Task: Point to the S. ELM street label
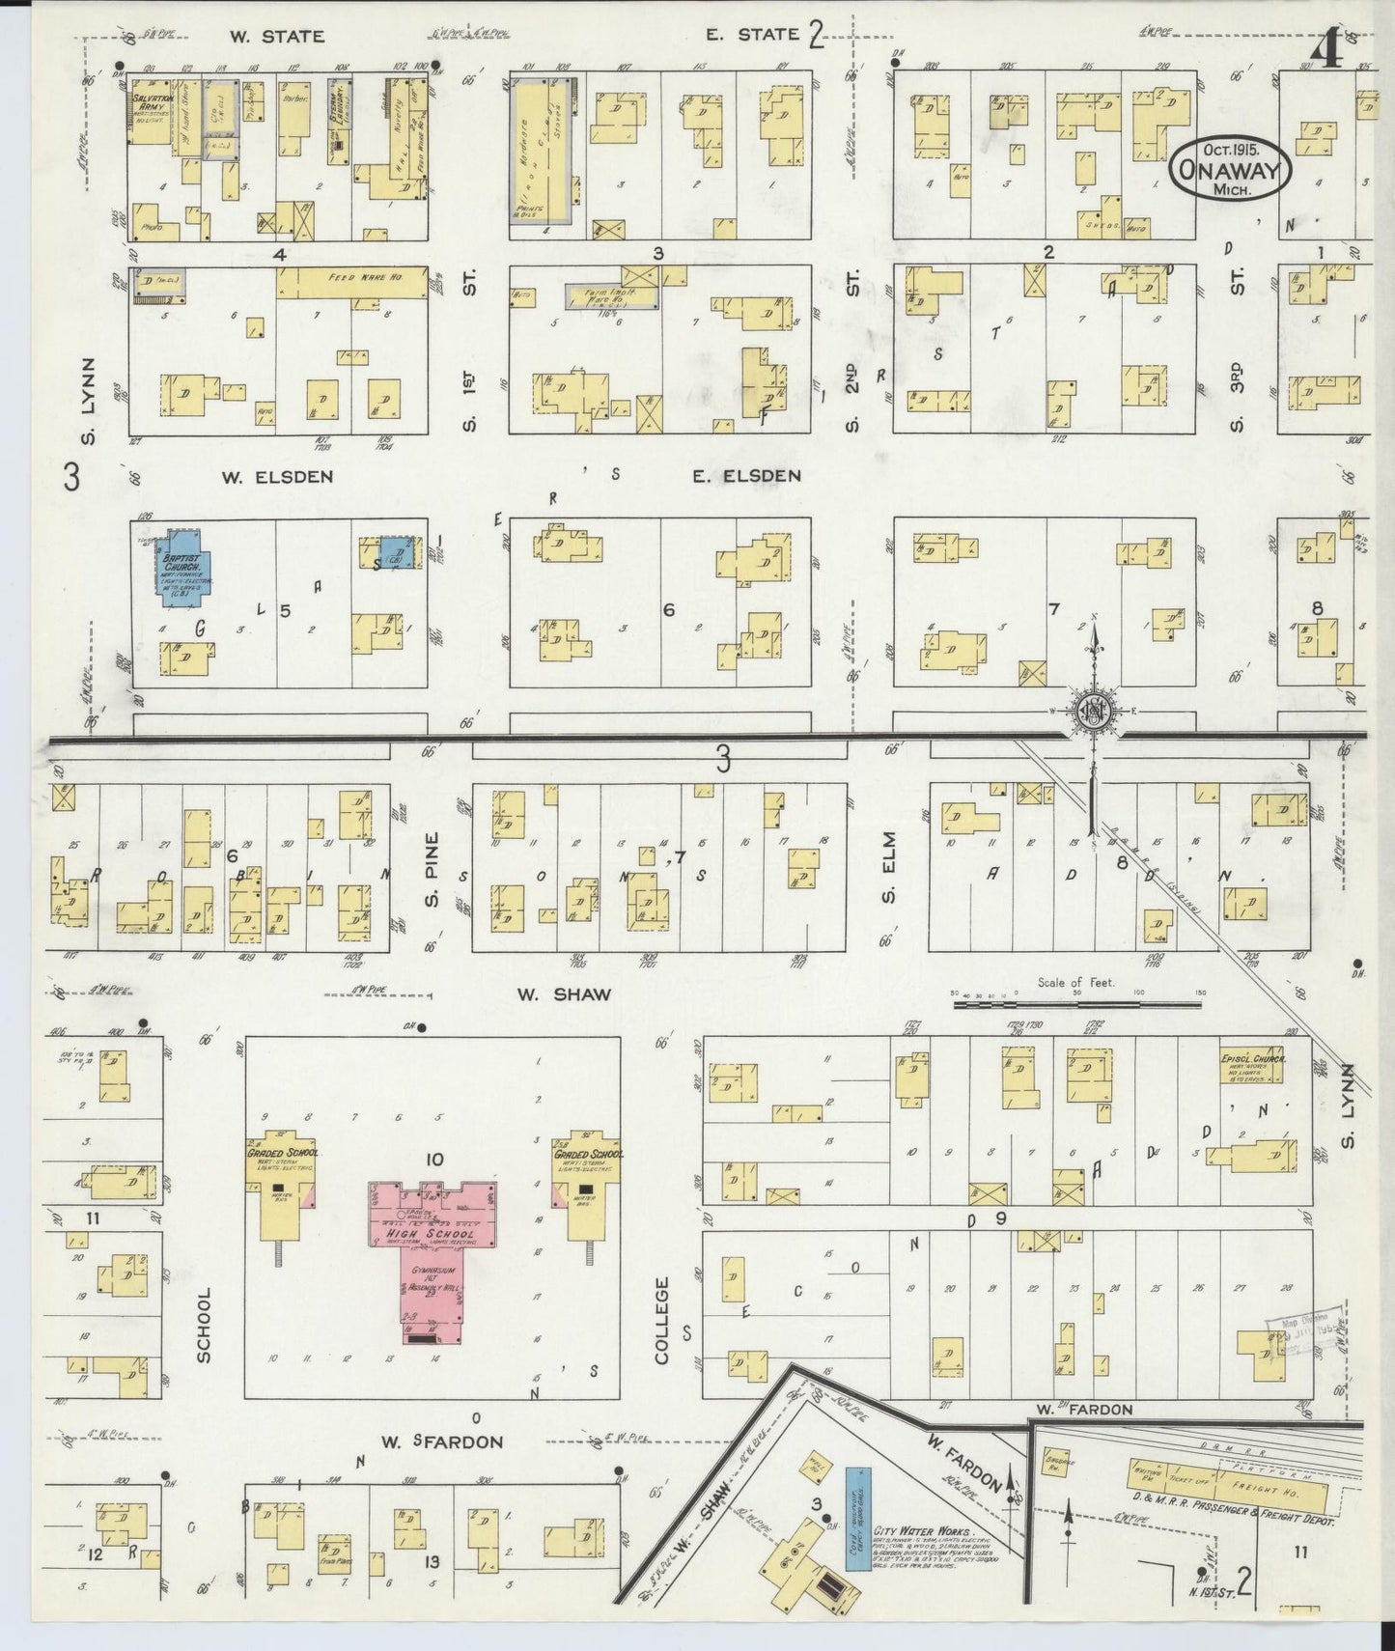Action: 888,871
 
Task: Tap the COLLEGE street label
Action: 662,1320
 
